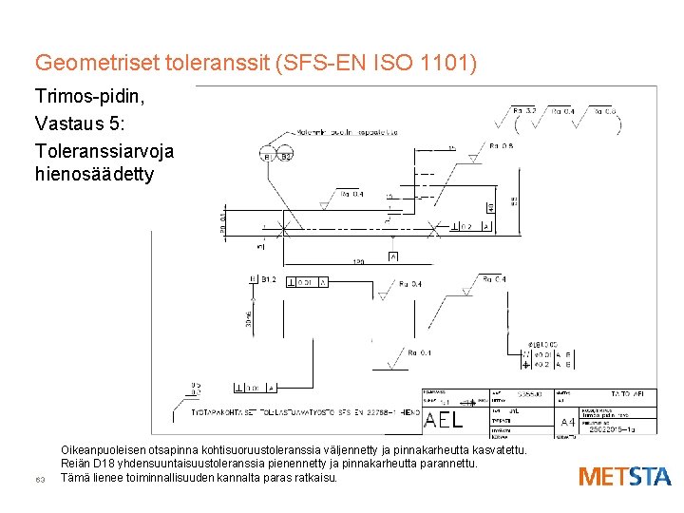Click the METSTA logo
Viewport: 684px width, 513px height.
[624, 476]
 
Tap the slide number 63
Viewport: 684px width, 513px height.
[40, 479]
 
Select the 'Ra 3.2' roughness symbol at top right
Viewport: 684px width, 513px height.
[524, 111]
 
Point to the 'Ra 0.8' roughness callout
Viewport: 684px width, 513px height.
[501, 145]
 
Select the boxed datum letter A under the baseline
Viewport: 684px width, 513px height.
[392, 256]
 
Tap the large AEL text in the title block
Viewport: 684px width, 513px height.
[444, 420]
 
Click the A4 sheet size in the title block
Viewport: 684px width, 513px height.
[567, 422]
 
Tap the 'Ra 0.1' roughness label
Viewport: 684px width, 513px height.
[419, 352]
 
